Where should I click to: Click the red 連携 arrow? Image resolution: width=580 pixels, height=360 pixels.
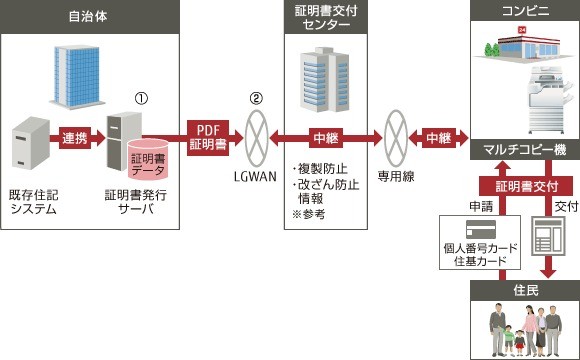75,138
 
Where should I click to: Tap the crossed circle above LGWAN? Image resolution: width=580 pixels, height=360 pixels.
257,138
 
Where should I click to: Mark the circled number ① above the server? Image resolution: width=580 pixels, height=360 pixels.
140,97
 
